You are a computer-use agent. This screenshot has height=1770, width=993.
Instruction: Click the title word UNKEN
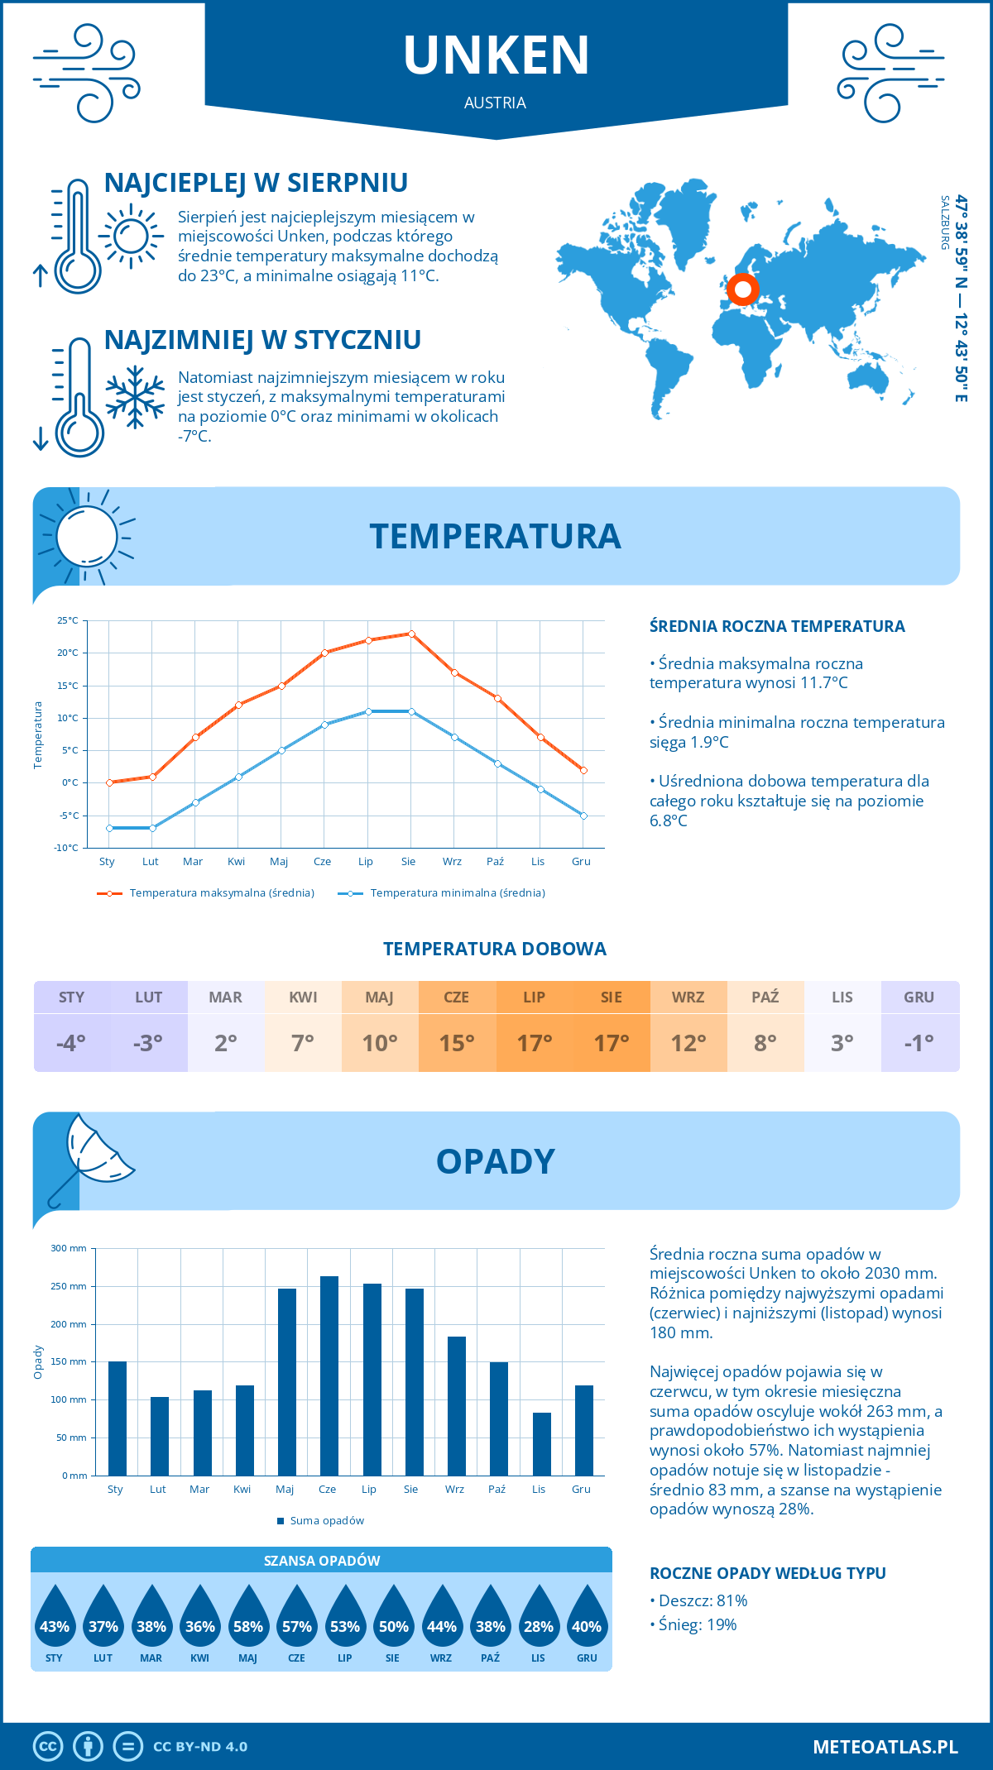496,55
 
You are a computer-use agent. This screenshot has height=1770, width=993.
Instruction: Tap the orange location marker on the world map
742,289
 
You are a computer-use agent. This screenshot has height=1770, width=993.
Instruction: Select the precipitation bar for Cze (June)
329,1375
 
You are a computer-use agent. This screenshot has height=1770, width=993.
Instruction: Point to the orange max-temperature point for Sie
411,634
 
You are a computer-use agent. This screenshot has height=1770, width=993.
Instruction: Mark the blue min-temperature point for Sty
109,828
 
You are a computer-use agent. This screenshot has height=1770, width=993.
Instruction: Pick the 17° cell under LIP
534,1043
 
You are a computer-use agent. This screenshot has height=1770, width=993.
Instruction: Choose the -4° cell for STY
71,1043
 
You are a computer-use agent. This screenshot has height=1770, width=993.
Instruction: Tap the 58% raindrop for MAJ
248,1626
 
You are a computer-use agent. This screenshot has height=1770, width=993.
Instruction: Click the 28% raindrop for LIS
539,1626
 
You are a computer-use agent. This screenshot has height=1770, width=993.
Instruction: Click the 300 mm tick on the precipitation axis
70,1248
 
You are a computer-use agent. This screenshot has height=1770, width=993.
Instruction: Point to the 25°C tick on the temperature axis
68,620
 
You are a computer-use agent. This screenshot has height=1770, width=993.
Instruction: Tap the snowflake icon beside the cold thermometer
135,396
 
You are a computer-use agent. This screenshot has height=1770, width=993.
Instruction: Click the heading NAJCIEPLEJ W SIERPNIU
256,183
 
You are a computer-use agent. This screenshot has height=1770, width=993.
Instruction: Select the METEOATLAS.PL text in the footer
885,1747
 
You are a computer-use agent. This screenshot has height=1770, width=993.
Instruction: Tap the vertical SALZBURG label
944,222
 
